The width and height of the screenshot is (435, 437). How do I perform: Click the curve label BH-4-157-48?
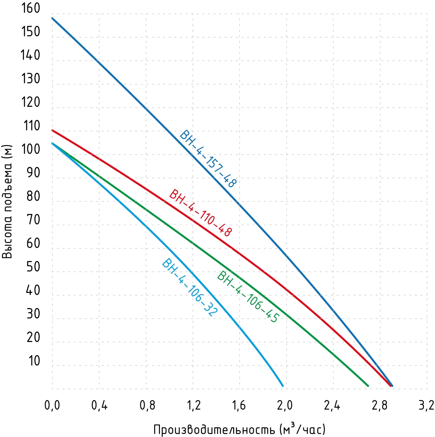coord(208,159)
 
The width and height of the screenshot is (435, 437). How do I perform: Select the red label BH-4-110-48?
coord(201,213)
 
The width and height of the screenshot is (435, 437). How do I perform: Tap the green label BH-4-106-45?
coord(248,297)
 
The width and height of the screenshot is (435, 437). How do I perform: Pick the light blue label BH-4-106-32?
coord(190,287)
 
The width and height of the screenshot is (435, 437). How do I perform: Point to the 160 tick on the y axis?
coord(31,8)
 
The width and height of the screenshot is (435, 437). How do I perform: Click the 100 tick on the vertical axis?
coord(31,149)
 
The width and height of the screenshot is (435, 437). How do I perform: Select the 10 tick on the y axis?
coord(34,361)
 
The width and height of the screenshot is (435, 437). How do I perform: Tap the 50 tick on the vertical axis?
coord(33,267)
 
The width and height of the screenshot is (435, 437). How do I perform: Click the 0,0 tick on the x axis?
coord(52,406)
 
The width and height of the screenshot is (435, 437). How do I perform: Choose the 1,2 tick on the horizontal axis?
coord(193,406)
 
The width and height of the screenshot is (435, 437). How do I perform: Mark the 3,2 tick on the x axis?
coord(426,406)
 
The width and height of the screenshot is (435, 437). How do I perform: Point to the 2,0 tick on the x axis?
coord(285,406)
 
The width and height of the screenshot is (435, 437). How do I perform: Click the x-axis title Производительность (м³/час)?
coord(240,429)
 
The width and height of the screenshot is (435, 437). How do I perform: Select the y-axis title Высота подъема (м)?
coord(7,202)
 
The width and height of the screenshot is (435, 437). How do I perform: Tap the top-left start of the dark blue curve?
coord(52,18)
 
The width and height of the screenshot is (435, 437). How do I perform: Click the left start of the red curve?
coord(52,130)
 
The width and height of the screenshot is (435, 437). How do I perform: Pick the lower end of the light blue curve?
coord(282,386)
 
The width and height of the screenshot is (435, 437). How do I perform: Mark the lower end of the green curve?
coord(368,386)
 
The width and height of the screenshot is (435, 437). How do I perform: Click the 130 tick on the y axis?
coord(31,79)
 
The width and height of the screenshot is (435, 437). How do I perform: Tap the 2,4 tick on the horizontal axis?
coord(332,406)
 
